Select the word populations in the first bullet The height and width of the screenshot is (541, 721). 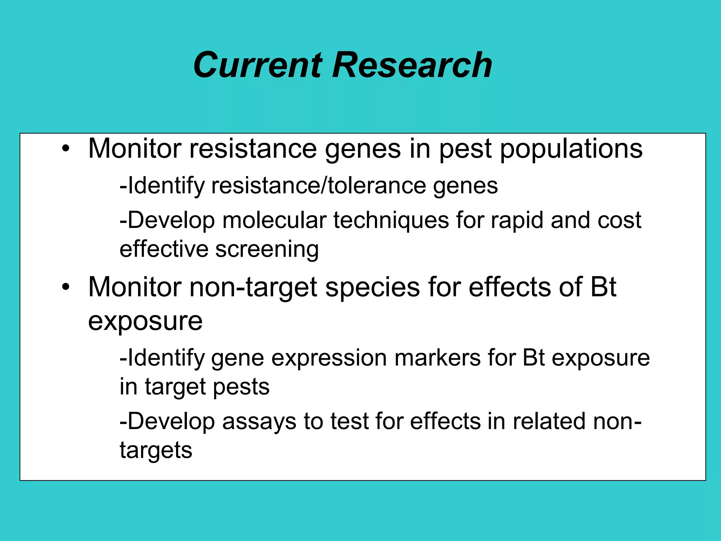coord(571,149)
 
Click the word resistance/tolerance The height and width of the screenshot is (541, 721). coord(319,186)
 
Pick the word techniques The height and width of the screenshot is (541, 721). coord(391,220)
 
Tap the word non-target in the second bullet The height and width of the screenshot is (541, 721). coord(253,287)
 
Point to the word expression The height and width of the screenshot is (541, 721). coord(329,359)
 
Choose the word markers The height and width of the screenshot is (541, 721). coord(437,358)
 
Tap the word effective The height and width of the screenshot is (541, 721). coord(164,249)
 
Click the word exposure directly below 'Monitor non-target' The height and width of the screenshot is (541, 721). coord(145,321)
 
